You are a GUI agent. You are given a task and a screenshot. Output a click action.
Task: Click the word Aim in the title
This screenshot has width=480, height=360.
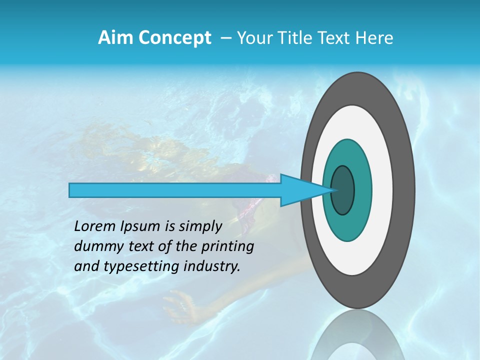(116, 38)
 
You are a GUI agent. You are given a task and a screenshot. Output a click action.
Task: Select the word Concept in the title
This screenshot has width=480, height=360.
(174, 38)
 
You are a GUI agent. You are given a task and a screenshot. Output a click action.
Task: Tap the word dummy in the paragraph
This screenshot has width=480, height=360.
(95, 246)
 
